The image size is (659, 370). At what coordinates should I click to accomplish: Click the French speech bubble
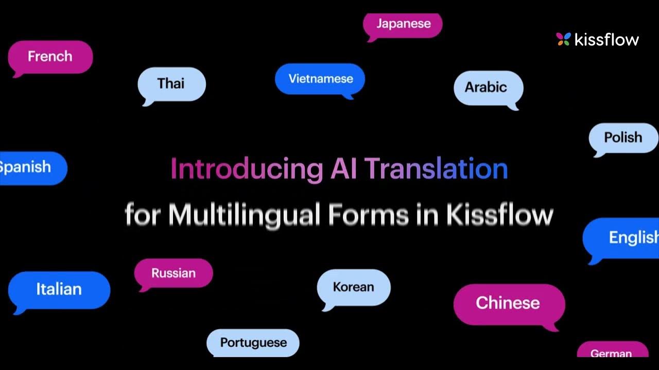click(50, 57)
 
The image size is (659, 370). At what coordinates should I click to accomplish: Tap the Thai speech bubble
click(171, 84)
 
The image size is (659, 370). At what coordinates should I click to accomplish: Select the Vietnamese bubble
click(320, 79)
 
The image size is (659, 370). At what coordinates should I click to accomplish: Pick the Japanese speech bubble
click(403, 24)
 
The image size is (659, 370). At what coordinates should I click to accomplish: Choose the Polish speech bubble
click(623, 138)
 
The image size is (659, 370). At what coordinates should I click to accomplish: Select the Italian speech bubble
click(59, 289)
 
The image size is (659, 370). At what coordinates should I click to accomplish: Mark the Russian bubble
click(174, 273)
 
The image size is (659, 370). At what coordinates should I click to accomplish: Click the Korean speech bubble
click(354, 287)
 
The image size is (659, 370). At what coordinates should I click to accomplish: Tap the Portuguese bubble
click(253, 343)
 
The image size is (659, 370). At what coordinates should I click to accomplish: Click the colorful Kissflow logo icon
click(563, 40)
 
